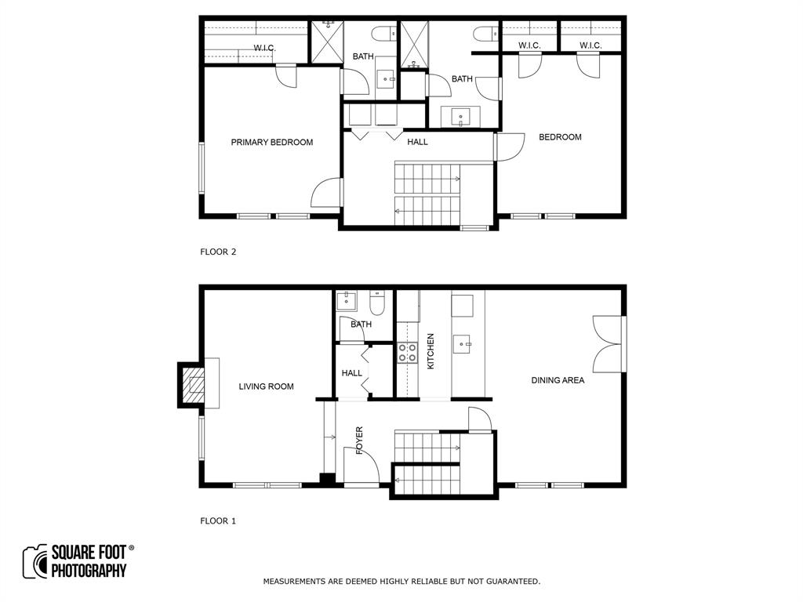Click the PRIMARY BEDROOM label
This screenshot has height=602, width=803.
(272, 143)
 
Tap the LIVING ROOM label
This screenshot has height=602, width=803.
(267, 386)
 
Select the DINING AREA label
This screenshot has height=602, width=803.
(558, 380)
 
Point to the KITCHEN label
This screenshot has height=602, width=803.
(431, 351)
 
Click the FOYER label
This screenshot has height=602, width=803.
(359, 441)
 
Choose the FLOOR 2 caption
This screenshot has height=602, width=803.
(218, 252)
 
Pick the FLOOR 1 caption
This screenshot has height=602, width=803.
(218, 521)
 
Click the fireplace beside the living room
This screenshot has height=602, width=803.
(191, 385)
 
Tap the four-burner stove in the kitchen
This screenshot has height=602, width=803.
(408, 353)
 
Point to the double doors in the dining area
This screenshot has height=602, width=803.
(608, 344)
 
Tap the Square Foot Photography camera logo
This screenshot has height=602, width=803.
(35, 561)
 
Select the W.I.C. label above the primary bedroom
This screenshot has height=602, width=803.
(265, 48)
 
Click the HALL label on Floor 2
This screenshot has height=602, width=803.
(417, 142)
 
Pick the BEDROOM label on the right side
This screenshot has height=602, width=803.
(560, 137)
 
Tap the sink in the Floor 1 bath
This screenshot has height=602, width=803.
(347, 301)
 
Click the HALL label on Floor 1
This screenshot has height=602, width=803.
(352, 373)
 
